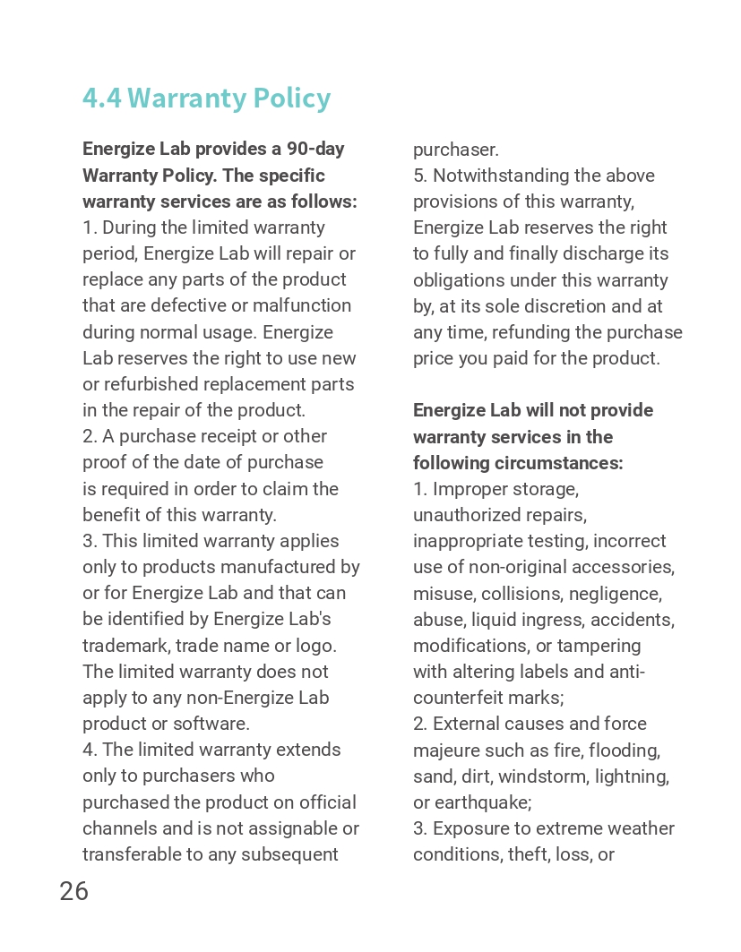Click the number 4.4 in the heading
pyautogui.click(x=101, y=98)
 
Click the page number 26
pyautogui.click(x=74, y=891)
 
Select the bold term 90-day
pyautogui.click(x=315, y=149)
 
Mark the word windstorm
pyautogui.click(x=548, y=776)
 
